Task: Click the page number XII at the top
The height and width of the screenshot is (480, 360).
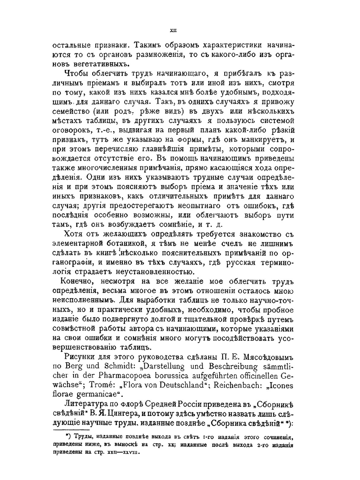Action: pyautogui.click(x=172, y=32)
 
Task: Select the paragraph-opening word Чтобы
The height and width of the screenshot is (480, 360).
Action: pyautogui.click(x=77, y=74)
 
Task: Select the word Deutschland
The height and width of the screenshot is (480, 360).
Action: pyautogui.click(x=177, y=385)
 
